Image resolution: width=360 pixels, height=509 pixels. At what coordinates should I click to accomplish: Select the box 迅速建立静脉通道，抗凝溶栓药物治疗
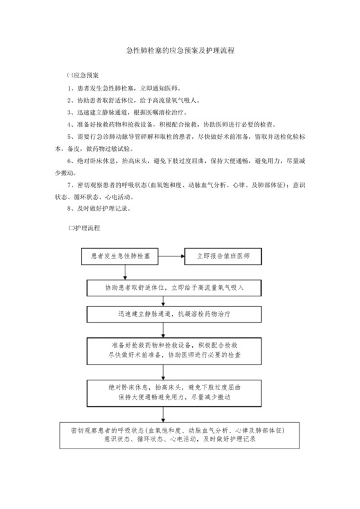click(x=174, y=315)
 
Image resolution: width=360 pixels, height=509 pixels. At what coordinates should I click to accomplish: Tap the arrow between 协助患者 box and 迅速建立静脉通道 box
click(x=164, y=300)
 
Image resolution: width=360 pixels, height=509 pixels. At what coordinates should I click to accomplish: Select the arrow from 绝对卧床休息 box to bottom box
click(x=164, y=413)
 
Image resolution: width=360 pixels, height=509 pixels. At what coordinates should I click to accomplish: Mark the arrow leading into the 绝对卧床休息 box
click(x=164, y=371)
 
